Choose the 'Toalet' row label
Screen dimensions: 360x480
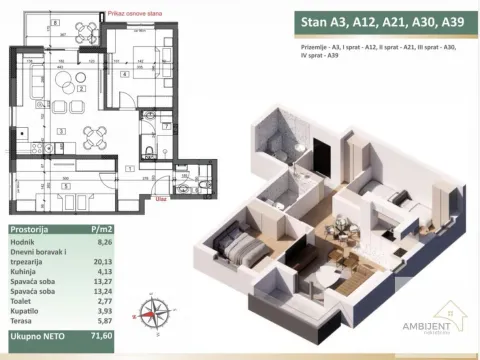pyautogui.click(x=23, y=311)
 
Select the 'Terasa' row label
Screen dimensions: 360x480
pyautogui.click(x=23, y=334)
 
